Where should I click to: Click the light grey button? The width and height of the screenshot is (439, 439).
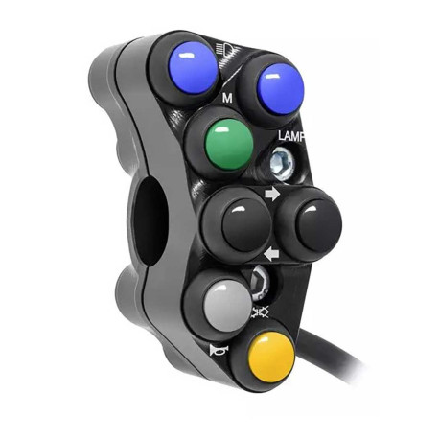coord(227,305)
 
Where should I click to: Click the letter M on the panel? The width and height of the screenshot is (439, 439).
coord(227,99)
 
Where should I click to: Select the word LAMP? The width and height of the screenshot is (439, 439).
coord(290,136)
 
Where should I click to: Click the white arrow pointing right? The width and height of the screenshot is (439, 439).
coord(272,195)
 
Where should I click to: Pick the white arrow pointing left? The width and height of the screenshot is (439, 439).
coord(272,254)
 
